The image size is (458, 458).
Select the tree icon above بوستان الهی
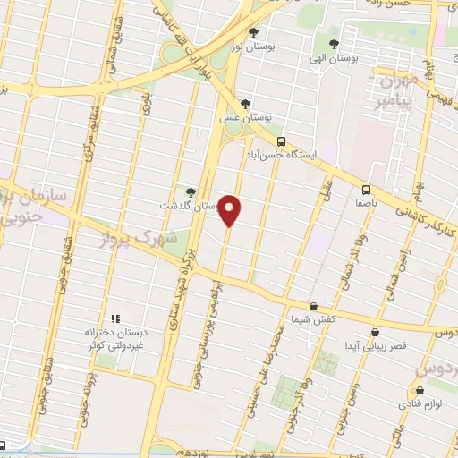point(335,43)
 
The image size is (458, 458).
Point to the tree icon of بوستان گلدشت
point(191,191)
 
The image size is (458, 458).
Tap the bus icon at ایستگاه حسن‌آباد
point(282,141)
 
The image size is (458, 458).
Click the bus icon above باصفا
point(366,189)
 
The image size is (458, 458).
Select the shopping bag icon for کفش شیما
point(313,306)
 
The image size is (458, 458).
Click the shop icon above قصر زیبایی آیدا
point(375,332)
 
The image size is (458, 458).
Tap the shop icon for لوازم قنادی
point(420,390)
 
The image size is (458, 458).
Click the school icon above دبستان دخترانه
point(114,318)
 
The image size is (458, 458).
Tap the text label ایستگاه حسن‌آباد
point(280,155)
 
